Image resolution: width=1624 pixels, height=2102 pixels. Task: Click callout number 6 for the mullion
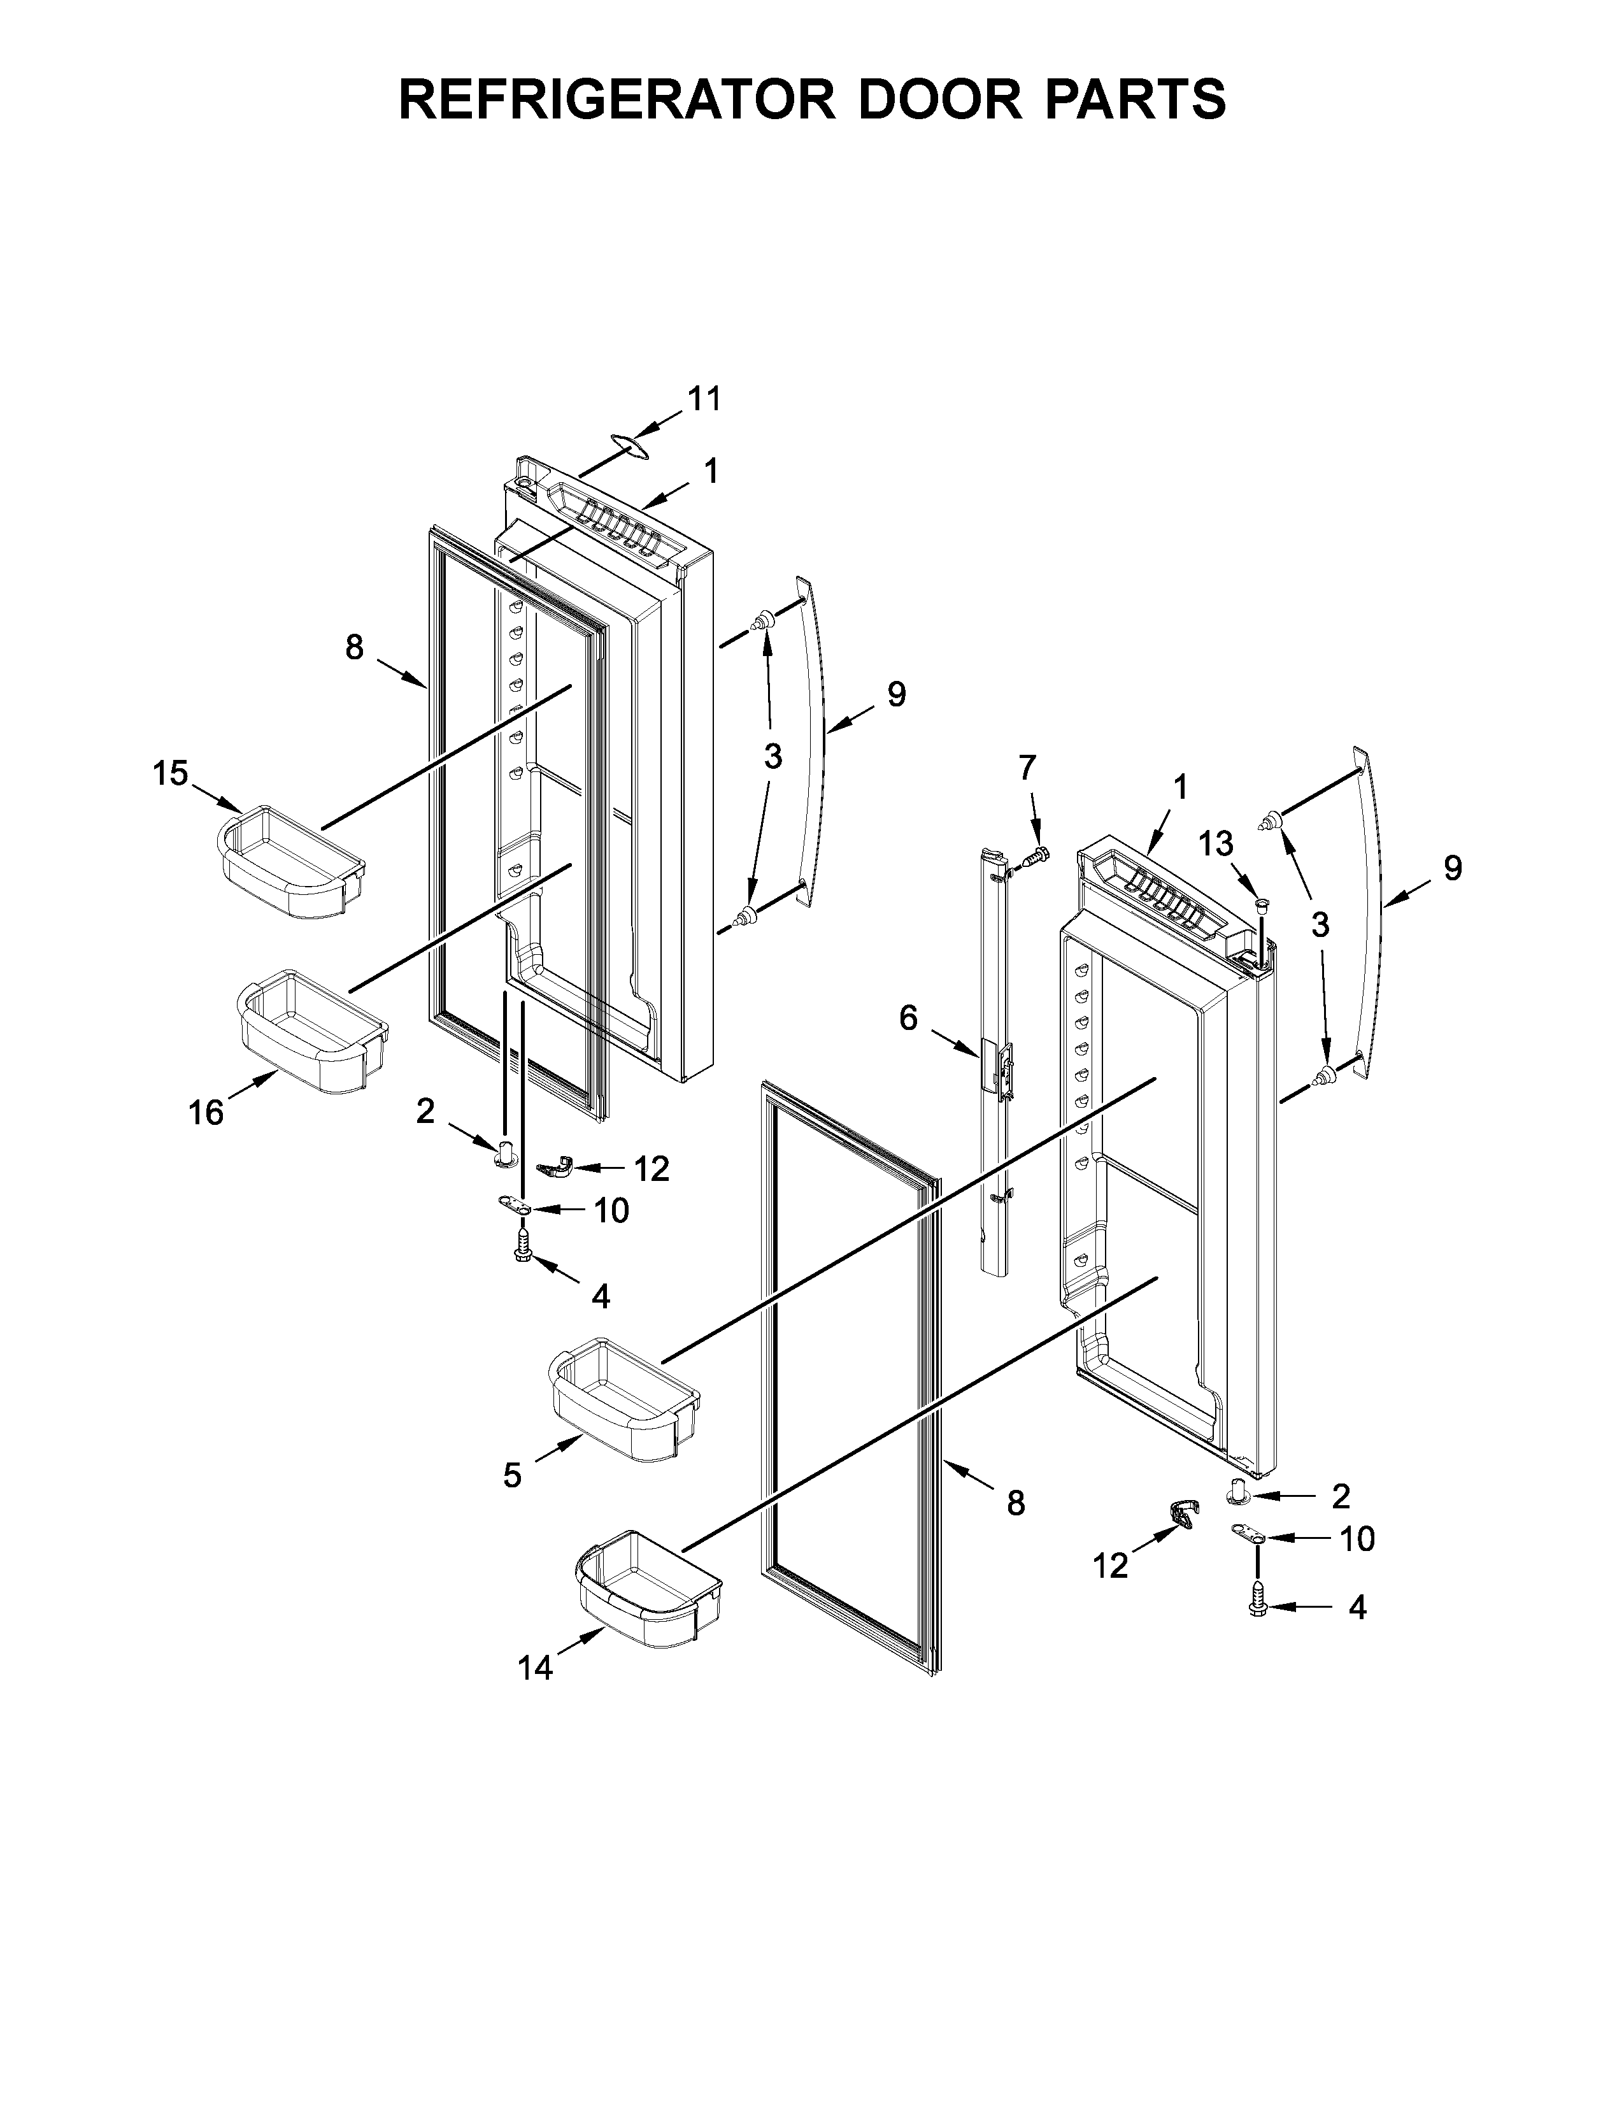click(x=908, y=1019)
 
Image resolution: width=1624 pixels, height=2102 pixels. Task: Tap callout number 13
click(x=1215, y=844)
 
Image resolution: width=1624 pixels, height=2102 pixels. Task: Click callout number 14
click(x=535, y=1668)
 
